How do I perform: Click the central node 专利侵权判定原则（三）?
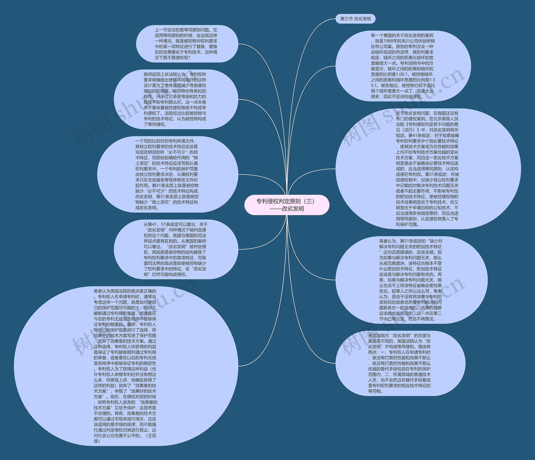click(287, 201)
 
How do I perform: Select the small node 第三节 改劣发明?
click(355, 19)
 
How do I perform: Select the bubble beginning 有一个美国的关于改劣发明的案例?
click(403, 66)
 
